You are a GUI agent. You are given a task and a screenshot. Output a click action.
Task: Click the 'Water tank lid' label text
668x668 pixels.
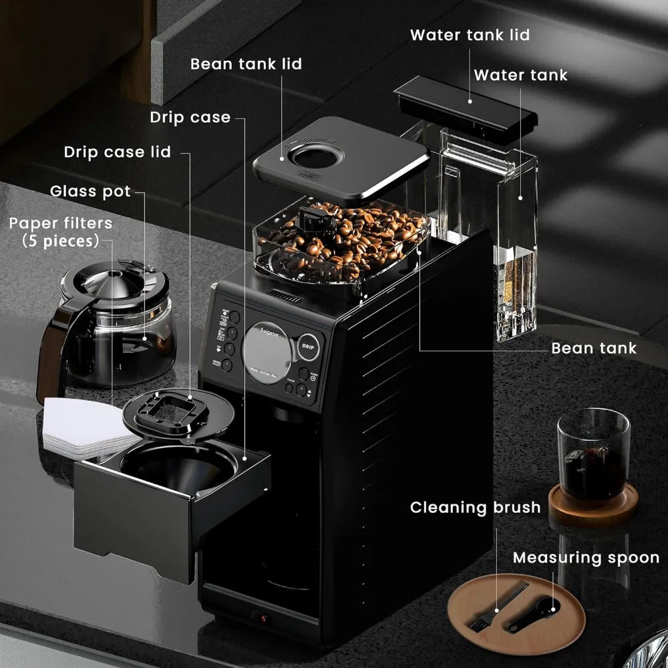point(469,35)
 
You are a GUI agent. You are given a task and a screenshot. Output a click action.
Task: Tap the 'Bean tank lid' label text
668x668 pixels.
point(246,64)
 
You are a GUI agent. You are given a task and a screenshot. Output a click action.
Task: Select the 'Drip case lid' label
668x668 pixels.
point(118,152)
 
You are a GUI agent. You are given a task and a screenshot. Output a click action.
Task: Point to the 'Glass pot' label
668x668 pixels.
point(90,192)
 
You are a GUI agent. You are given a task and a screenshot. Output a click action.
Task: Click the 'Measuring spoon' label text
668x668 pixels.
point(586,557)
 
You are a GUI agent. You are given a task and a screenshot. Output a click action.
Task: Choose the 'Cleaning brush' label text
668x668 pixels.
point(475,507)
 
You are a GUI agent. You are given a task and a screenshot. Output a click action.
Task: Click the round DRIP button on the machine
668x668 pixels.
point(308,347)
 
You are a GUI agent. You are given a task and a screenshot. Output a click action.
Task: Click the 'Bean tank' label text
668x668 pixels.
point(594,347)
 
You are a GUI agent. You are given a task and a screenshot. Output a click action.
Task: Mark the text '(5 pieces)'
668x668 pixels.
point(61,240)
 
